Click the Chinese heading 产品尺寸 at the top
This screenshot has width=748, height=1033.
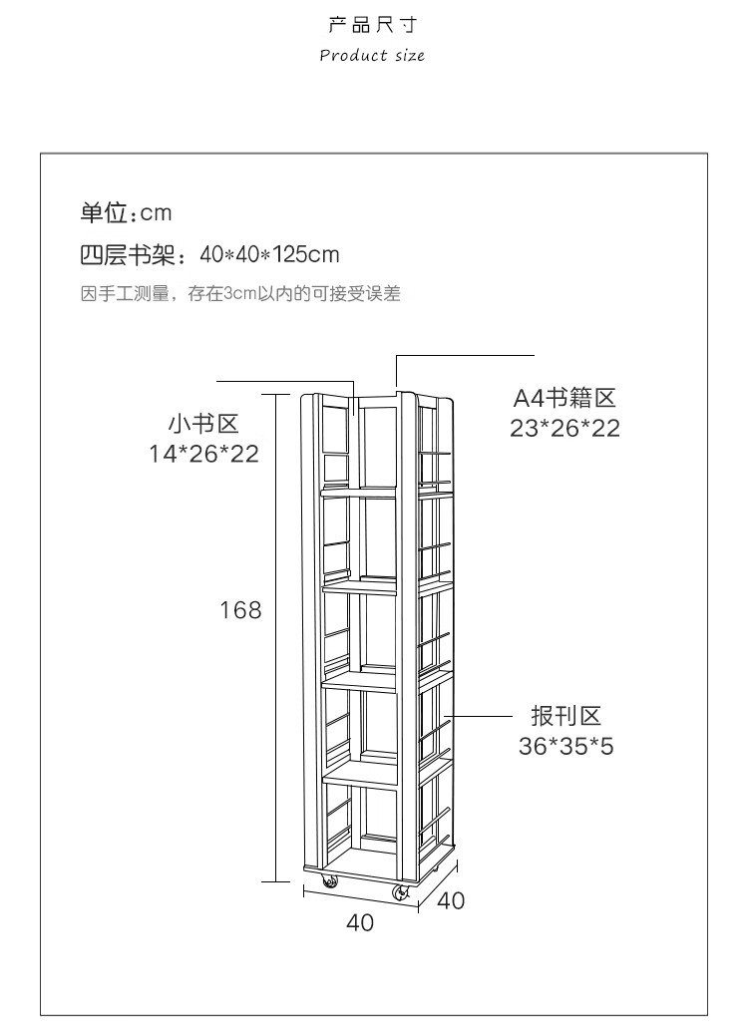click(x=372, y=24)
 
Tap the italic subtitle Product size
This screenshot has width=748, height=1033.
click(x=372, y=55)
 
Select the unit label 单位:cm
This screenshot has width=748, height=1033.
click(x=127, y=213)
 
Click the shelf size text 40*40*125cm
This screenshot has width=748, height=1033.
click(x=269, y=255)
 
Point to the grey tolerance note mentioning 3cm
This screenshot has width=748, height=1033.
click(x=240, y=293)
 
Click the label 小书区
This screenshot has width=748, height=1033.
click(x=203, y=424)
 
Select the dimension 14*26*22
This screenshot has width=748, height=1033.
click(x=203, y=454)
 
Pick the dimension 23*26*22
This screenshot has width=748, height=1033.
click(x=564, y=429)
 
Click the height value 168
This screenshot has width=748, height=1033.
click(x=240, y=609)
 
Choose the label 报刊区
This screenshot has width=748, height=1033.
click(x=565, y=716)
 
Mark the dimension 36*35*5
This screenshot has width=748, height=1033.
click(x=565, y=746)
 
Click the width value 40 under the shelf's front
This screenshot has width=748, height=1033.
click(x=360, y=923)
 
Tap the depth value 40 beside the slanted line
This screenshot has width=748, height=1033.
click(x=451, y=900)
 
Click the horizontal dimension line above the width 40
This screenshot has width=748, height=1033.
click(x=360, y=896)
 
